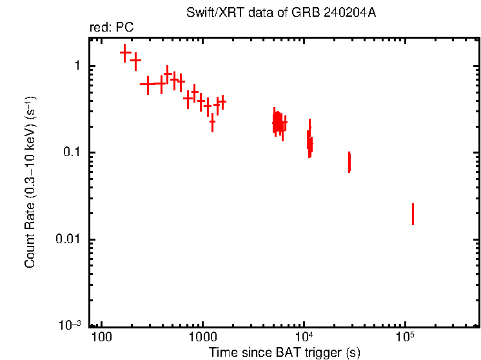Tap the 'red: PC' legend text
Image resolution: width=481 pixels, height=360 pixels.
point(111,28)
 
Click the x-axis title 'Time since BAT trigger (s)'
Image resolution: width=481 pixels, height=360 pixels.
point(284,352)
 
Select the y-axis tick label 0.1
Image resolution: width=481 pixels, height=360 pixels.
point(72,153)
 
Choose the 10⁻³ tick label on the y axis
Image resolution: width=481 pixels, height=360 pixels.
point(71,325)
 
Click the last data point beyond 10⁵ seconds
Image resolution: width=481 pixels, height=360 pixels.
point(413,214)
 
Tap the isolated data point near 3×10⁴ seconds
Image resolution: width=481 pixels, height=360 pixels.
point(349,162)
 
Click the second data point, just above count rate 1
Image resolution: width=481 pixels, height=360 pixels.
point(135,61)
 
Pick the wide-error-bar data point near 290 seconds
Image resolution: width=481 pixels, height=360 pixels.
point(148,84)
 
